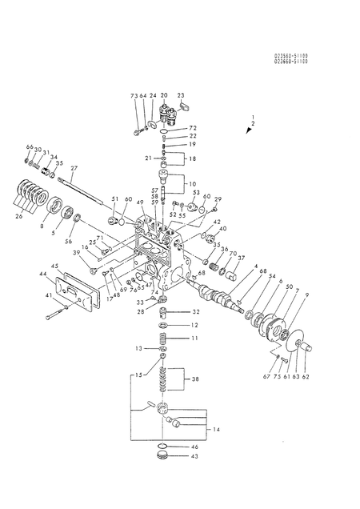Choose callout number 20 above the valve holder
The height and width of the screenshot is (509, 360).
pyautogui.click(x=163, y=95)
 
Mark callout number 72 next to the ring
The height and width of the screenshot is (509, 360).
pyautogui.click(x=193, y=128)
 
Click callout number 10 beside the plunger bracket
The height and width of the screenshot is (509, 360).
pyautogui.click(x=193, y=183)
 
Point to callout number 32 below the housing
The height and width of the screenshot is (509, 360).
pyautogui.click(x=196, y=311)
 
